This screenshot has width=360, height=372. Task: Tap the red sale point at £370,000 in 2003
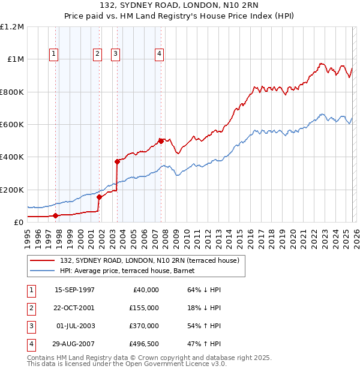(118, 161)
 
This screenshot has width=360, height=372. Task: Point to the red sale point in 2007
(161, 141)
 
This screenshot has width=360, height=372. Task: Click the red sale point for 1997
(55, 215)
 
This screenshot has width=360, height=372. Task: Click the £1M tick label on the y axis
(16, 59)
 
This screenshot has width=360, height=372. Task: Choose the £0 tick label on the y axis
(19, 222)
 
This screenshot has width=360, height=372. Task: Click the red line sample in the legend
(43, 260)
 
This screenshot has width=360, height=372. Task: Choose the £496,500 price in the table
(143, 344)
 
